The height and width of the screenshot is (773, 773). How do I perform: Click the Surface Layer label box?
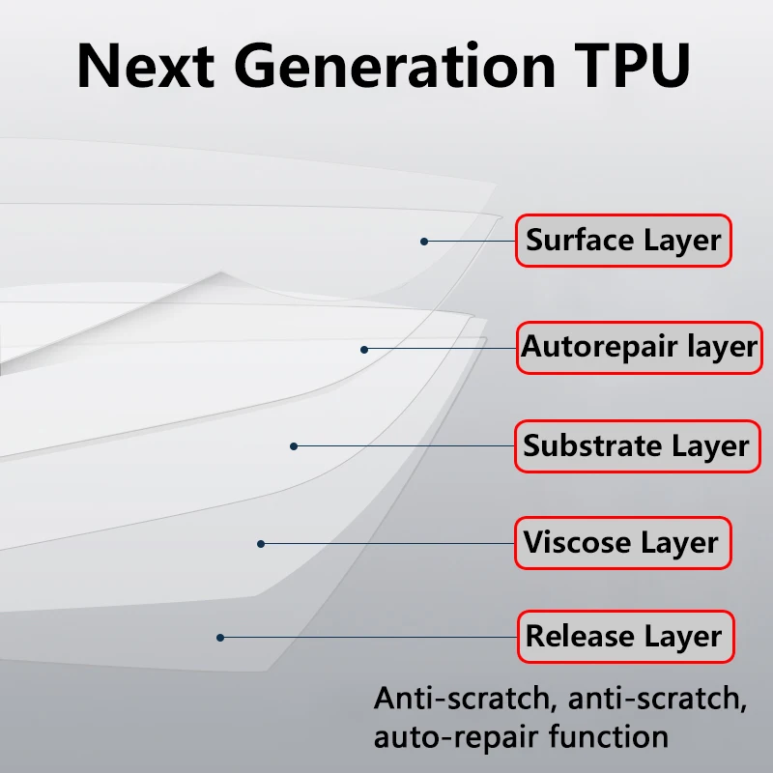(623, 241)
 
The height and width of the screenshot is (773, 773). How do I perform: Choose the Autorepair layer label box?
(639, 346)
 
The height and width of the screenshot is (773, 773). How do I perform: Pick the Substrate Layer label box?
(637, 445)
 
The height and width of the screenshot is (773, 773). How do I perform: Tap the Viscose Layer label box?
(622, 542)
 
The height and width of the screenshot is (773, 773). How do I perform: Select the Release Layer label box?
(623, 637)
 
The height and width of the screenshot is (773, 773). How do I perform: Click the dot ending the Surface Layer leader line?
(423, 241)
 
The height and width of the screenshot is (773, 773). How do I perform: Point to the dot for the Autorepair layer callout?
(364, 349)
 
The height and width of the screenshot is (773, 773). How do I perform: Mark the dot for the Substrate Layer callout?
(294, 445)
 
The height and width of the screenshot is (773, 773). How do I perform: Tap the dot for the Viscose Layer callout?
(260, 544)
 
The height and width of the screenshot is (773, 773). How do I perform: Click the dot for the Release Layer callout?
(220, 637)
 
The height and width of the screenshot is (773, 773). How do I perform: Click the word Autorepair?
(598, 346)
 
